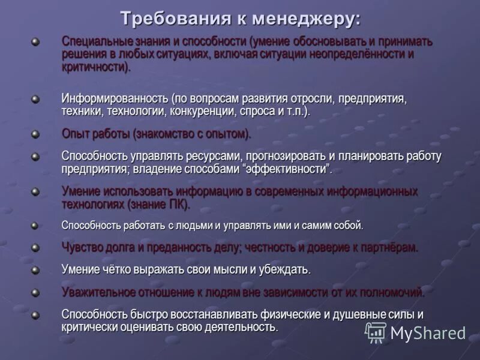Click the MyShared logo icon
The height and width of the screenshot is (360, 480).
click(x=376, y=332)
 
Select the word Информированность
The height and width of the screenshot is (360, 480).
click(x=114, y=98)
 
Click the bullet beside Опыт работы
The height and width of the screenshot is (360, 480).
click(x=35, y=134)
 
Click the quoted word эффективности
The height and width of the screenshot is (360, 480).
click(x=287, y=169)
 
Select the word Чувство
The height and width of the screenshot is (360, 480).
click(x=81, y=247)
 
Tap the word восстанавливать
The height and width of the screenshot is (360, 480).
click(x=210, y=314)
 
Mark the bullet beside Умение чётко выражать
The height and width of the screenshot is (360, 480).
click(x=35, y=269)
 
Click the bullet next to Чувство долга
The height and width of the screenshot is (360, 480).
click(x=35, y=247)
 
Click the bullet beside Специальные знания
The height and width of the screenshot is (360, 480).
click(x=35, y=42)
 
